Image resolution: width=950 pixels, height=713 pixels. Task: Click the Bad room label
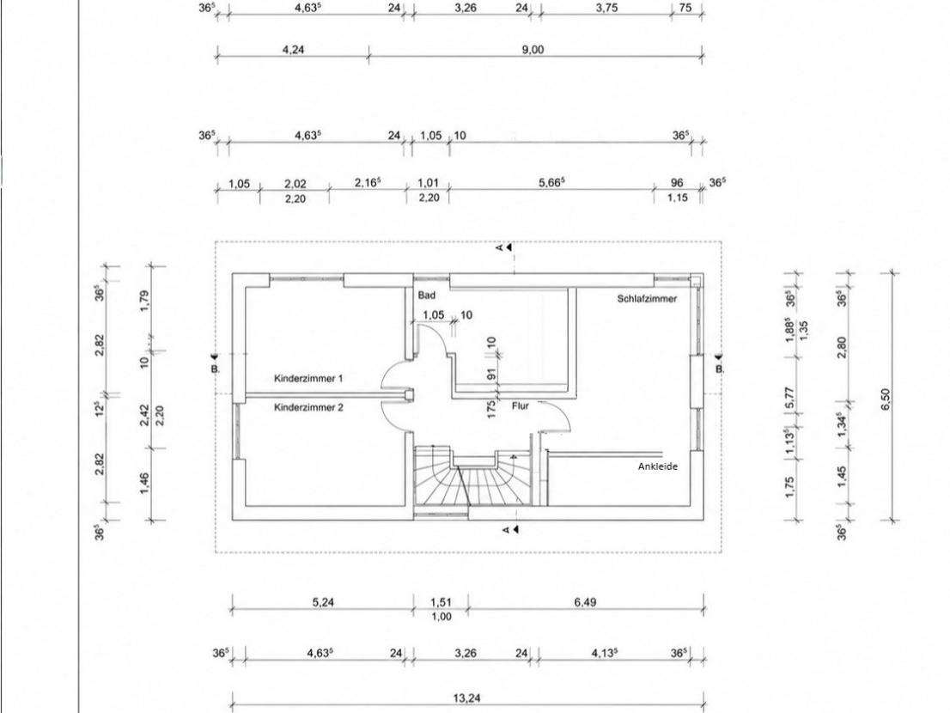[427, 296]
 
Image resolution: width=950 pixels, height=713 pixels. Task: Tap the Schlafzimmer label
[647, 299]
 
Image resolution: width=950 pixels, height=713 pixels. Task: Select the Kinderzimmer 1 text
[308, 379]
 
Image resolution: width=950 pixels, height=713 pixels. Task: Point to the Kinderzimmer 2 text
[308, 408]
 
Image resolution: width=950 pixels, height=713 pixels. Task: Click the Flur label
[521, 405]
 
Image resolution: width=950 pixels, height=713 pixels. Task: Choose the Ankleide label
[657, 466]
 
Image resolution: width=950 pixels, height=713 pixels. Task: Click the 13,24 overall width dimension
[466, 698]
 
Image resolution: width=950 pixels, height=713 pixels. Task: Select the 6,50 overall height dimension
[886, 399]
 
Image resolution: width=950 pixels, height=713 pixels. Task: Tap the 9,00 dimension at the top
[533, 50]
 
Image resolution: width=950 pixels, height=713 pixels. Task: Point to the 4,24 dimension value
[293, 50]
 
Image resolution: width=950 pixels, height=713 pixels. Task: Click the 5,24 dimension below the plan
[323, 602]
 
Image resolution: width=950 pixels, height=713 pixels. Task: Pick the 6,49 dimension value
[585, 602]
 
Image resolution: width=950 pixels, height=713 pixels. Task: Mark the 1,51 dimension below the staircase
[442, 602]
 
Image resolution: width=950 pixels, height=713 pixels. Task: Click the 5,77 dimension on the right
[789, 399]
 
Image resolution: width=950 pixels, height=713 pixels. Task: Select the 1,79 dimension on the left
[144, 302]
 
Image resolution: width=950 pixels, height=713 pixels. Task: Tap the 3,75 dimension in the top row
[606, 9]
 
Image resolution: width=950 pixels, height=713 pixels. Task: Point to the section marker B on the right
[719, 363]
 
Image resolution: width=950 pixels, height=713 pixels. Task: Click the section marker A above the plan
[504, 247]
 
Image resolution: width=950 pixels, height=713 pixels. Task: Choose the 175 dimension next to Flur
[491, 408]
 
